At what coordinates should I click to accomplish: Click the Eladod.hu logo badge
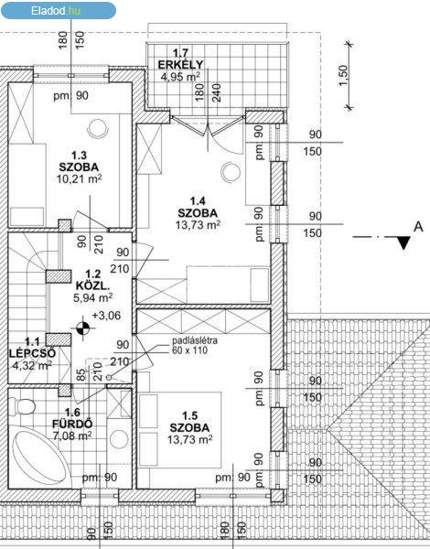59,10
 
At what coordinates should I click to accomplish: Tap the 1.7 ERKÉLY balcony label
180,59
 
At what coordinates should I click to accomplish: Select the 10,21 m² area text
79,179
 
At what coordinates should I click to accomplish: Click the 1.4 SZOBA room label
198,207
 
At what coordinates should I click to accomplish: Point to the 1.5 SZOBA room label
189,422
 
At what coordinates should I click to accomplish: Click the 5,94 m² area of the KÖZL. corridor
92,297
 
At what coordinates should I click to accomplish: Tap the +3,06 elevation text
106,316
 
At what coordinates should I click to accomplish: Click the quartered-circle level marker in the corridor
82,328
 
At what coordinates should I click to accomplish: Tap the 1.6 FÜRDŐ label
72,418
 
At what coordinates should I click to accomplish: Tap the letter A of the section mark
418,227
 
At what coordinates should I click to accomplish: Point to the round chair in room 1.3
97,129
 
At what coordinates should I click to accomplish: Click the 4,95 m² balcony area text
180,76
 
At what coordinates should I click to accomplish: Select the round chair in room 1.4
231,173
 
